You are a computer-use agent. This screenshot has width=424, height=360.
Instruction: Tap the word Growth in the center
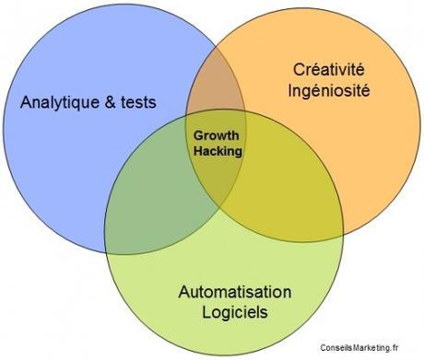point(217,134)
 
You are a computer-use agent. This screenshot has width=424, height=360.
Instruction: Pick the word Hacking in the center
point(217,150)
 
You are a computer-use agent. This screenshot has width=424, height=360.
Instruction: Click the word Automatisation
point(234,293)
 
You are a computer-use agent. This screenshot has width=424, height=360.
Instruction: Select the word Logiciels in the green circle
point(234,313)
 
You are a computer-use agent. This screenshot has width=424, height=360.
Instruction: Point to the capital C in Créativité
point(298,69)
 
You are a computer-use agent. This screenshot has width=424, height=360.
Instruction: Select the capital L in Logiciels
point(206,312)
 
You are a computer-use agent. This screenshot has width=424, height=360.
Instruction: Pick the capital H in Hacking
point(196,150)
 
